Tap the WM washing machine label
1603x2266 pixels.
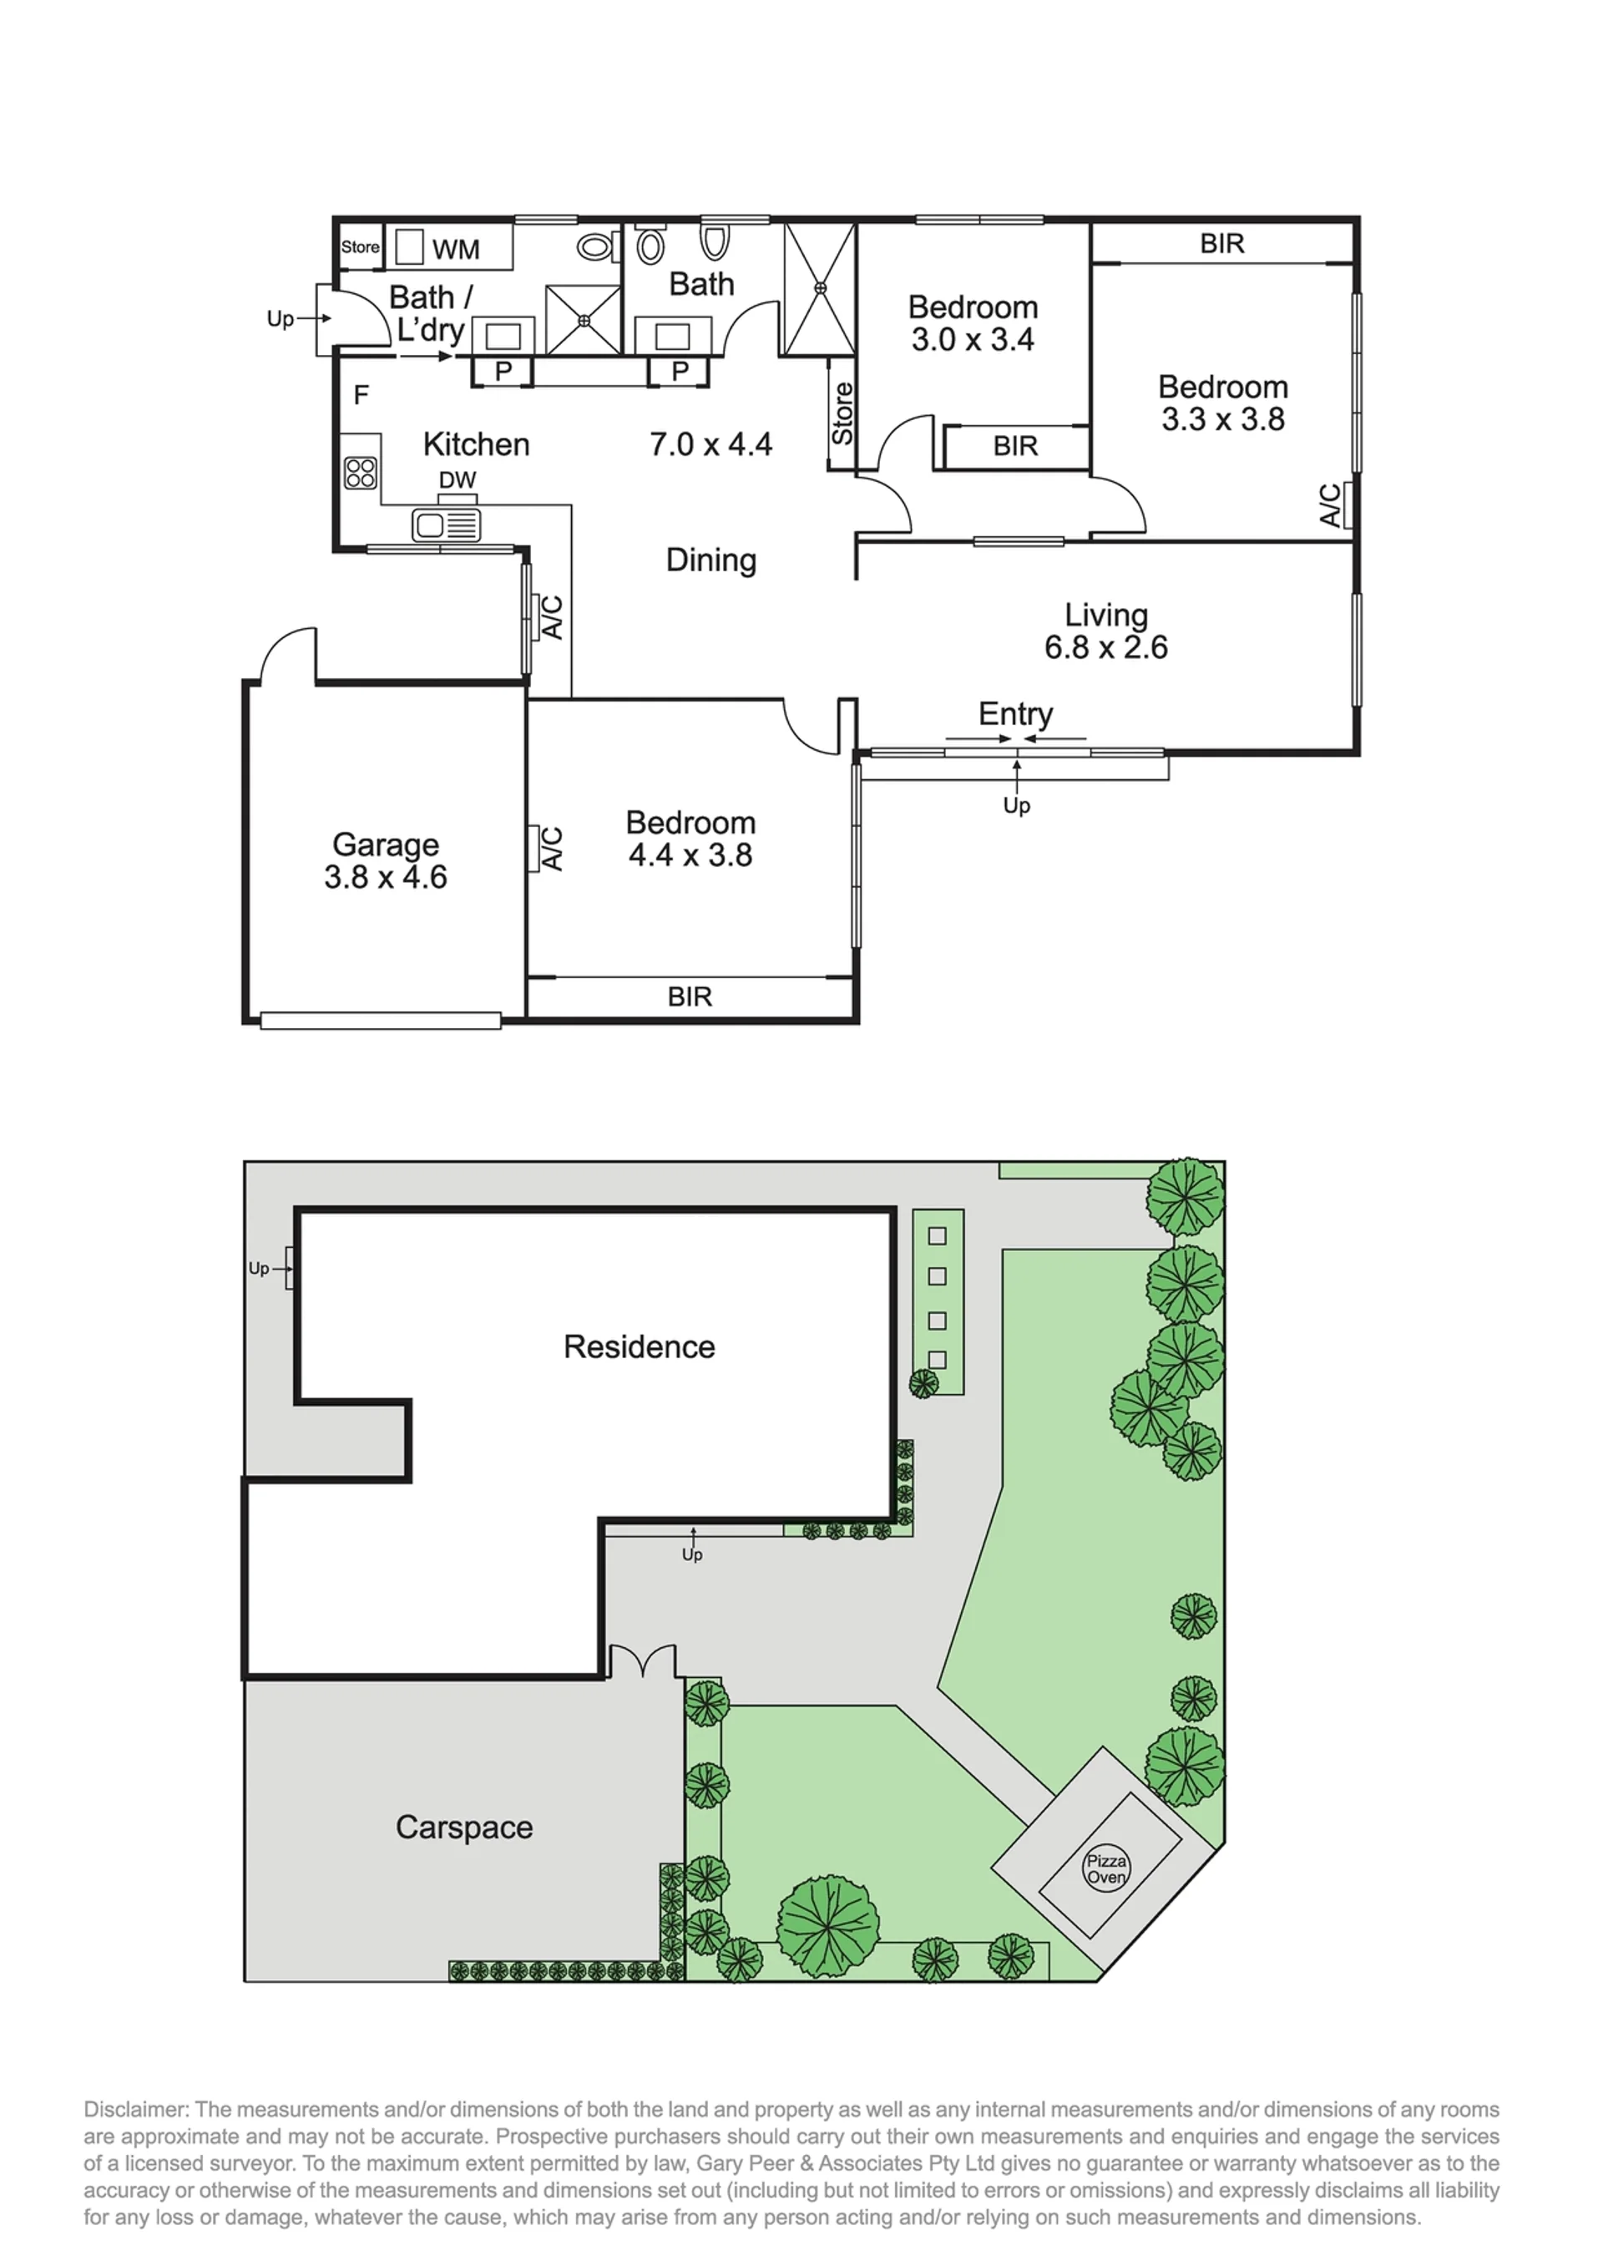[456, 250]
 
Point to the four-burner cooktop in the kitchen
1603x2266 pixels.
[361, 474]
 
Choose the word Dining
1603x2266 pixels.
[710, 560]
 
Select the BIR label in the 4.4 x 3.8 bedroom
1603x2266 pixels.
[689, 996]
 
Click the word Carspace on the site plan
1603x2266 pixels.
[464, 1827]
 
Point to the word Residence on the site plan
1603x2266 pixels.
[639, 1346]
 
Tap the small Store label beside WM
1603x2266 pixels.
[361, 247]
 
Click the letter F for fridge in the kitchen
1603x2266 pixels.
[362, 395]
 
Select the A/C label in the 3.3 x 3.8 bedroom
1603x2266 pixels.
[1331, 504]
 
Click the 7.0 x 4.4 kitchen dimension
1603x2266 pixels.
[710, 444]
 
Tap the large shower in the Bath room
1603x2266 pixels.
[819, 288]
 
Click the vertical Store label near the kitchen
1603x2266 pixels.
[841, 413]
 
